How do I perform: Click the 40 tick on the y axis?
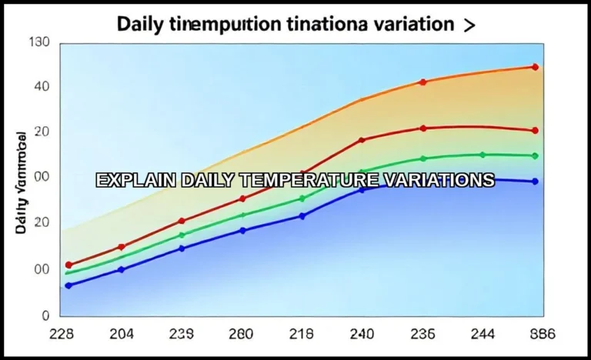click(41, 86)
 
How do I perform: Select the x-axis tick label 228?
click(61, 335)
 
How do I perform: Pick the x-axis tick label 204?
click(121, 335)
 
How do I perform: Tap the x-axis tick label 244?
click(482, 335)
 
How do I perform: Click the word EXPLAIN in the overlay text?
click(135, 181)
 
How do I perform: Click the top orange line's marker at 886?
click(535, 67)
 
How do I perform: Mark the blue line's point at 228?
click(68, 285)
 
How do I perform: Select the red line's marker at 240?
click(362, 140)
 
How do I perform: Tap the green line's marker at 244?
click(482, 155)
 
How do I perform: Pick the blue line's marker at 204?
click(121, 269)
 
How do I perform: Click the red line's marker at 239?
click(182, 221)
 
